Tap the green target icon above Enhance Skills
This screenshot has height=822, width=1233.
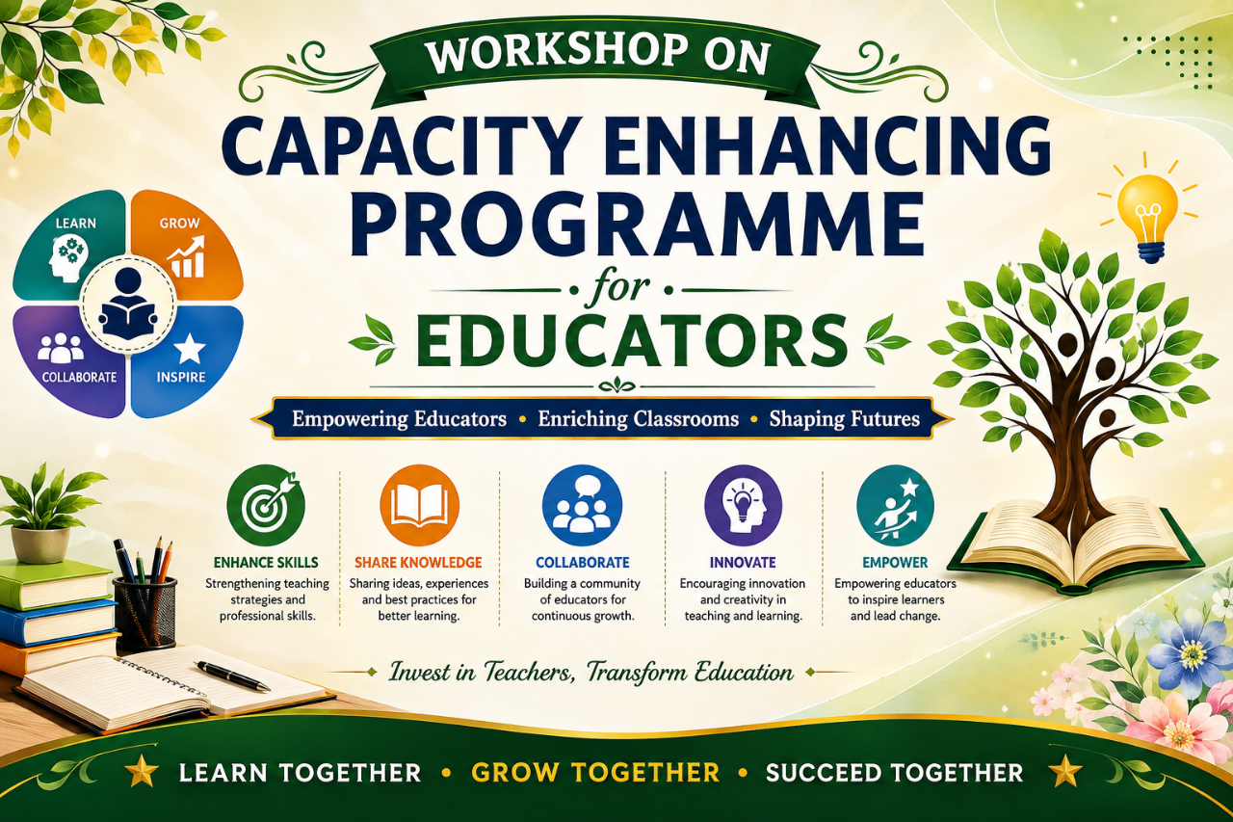pos(266,505)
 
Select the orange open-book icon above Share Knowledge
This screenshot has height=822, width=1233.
pos(419,505)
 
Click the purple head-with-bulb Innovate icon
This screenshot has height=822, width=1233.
pos(743,505)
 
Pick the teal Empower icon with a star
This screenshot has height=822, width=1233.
pos(896,505)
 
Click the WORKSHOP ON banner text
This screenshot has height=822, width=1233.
pos(598,55)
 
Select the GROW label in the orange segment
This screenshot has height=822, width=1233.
pos(179,223)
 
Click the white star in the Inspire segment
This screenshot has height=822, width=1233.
pos(190,348)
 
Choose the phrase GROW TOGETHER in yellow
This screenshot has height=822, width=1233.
pos(595,773)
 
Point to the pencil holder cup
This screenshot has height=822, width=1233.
pos(144,612)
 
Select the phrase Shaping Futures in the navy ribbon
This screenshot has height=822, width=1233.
pos(845,419)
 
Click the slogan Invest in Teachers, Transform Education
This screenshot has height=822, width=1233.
pos(591,673)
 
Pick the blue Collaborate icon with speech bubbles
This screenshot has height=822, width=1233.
pos(582,505)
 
